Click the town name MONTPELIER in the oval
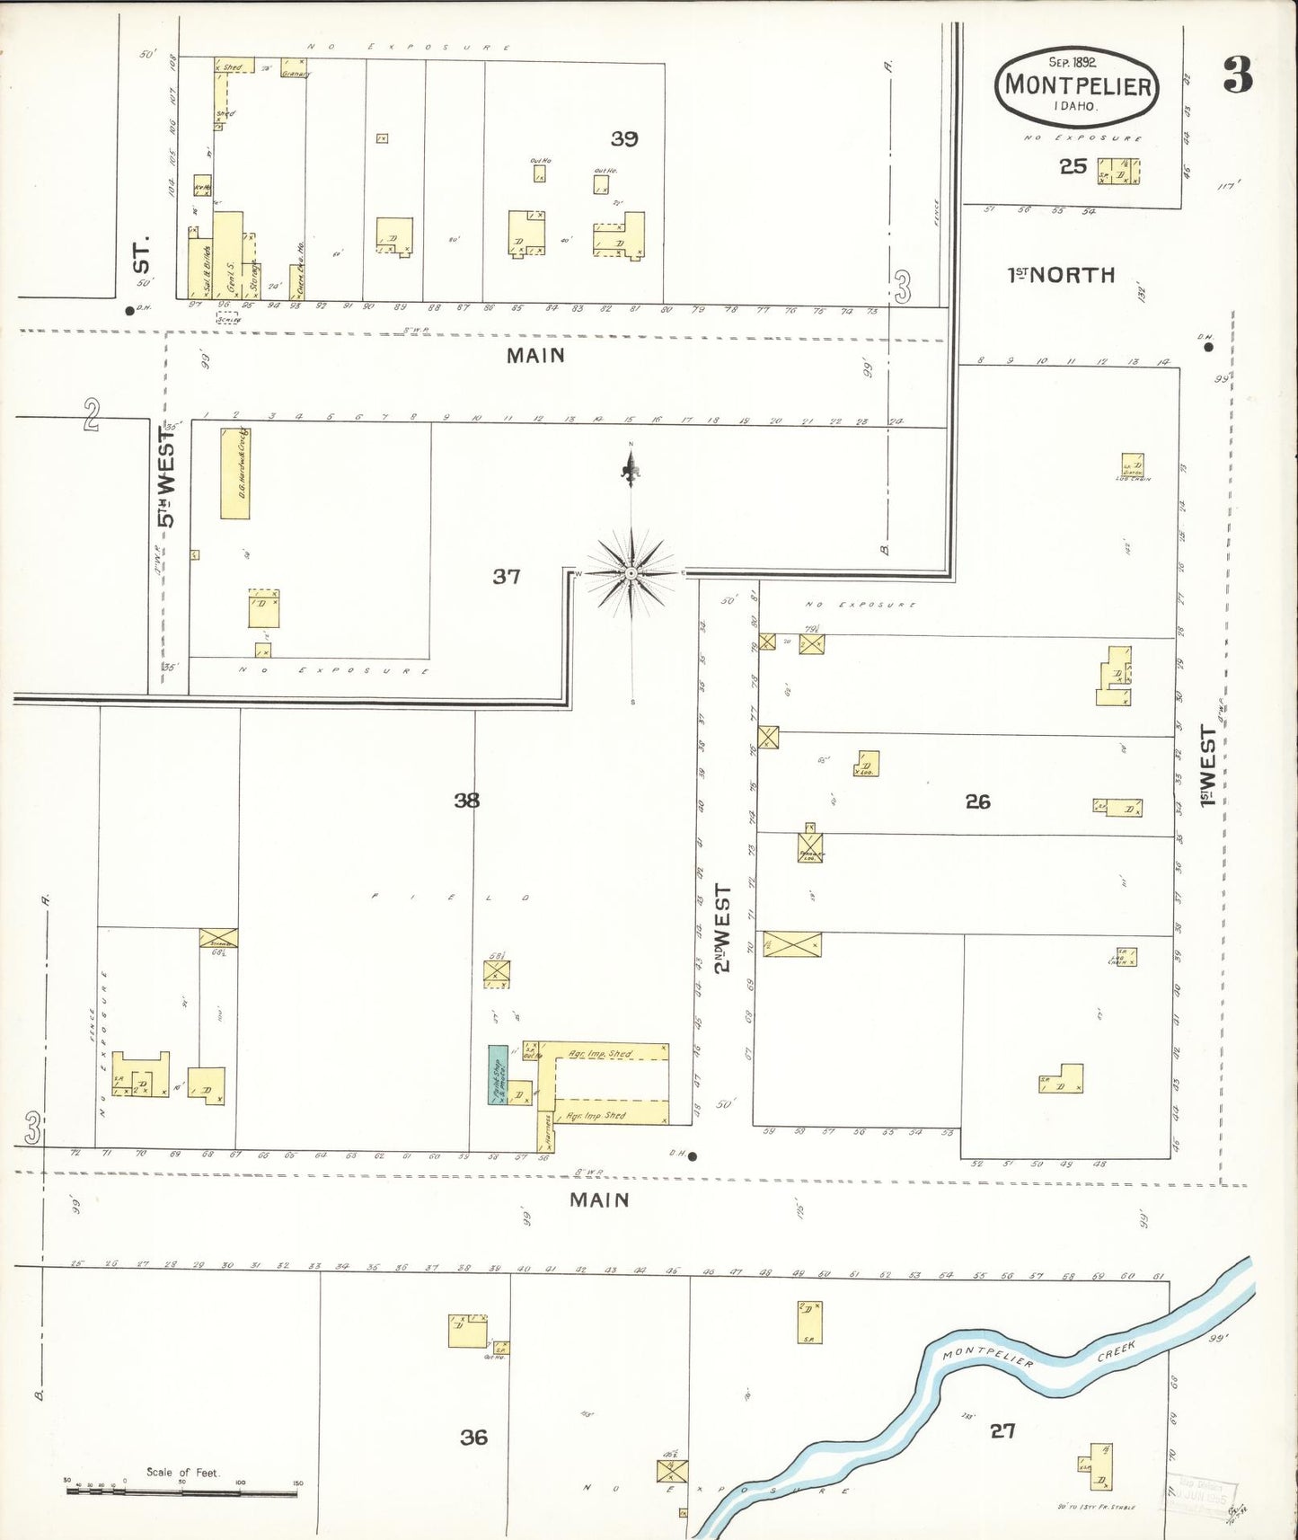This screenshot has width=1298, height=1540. coord(1077,85)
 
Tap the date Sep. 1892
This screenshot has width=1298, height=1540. coord(1077,62)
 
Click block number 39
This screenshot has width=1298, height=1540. coord(624,138)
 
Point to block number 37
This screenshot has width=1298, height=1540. coord(506,576)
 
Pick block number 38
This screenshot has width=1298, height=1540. coord(466,800)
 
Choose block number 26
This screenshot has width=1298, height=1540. coord(977,801)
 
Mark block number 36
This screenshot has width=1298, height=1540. coord(473,1437)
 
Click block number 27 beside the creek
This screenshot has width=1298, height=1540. coord(1002,1430)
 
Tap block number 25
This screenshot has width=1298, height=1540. coord(1073,166)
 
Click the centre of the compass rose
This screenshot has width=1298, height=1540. coord(631,573)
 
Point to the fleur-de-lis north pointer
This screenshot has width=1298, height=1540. coord(631,466)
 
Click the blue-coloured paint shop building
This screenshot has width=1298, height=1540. coord(497,1075)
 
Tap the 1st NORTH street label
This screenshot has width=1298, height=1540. coord(1061,275)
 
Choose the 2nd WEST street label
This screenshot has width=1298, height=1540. coord(723,927)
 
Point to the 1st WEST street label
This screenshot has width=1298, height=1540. coord(1208,766)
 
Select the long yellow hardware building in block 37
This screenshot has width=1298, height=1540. coord(235,474)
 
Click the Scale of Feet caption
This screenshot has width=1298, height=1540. coord(182,1472)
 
